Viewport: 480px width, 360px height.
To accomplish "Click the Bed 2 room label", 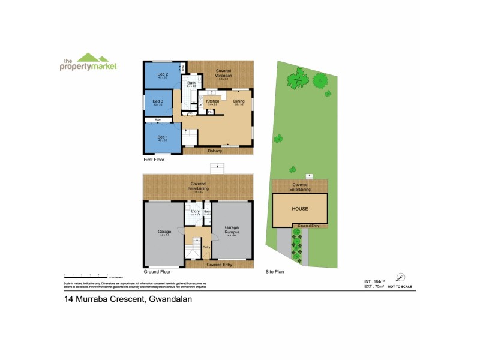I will pyautogui.click(x=162, y=74).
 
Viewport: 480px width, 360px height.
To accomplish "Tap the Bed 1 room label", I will pyautogui.click(x=162, y=137).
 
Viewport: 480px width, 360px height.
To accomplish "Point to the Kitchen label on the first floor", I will pyautogui.click(x=212, y=101).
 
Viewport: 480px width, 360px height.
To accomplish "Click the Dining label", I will pyautogui.click(x=239, y=101).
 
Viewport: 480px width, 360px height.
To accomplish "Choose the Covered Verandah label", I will pyautogui.click(x=224, y=72).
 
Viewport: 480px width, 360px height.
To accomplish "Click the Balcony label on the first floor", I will pyautogui.click(x=215, y=151).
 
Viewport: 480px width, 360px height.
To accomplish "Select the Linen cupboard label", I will pyautogui.click(x=190, y=113).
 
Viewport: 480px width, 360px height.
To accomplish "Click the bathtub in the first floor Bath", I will pyautogui.click(x=185, y=85).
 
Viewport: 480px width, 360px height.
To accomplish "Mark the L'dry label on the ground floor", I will pyautogui.click(x=195, y=212).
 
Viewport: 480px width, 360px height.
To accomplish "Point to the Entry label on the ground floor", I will pyautogui.click(x=206, y=247).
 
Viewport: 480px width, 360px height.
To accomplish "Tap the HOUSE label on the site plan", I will pyautogui.click(x=300, y=209).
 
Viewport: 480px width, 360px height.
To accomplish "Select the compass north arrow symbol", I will pyautogui.click(x=400, y=277).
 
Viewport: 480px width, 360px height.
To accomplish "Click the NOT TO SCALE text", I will pyautogui.click(x=400, y=287).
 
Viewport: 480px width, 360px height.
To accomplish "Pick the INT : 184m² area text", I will pyautogui.click(x=374, y=281).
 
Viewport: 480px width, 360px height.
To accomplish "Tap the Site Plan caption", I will pyautogui.click(x=274, y=271).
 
